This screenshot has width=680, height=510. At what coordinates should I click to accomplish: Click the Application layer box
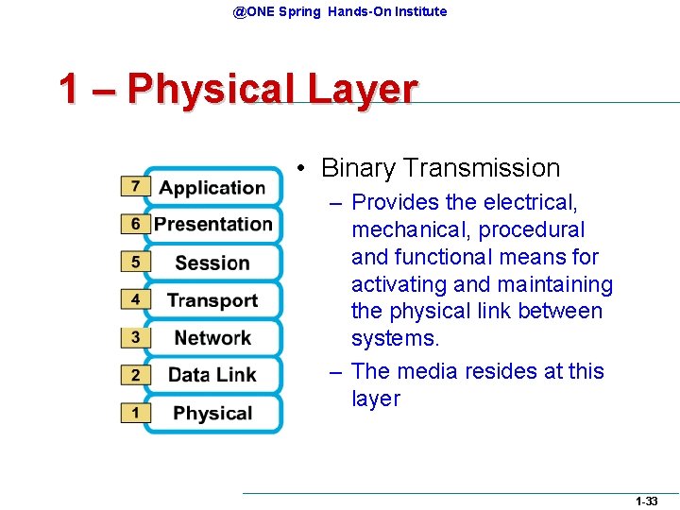tap(212, 187)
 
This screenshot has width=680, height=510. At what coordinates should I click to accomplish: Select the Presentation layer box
tap(212, 224)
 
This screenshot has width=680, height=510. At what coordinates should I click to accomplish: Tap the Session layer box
tap(212, 263)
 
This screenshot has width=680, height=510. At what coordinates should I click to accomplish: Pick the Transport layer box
tap(212, 300)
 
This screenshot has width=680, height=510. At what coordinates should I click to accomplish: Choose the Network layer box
tap(212, 337)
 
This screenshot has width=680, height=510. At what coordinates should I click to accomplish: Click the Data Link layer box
tap(212, 375)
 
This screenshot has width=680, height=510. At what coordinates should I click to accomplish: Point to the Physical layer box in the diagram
tap(212, 413)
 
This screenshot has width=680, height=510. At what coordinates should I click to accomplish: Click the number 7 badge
tap(135, 186)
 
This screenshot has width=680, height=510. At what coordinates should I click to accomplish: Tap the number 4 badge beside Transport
tap(135, 299)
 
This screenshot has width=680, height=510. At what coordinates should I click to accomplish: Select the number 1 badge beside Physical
tap(135, 413)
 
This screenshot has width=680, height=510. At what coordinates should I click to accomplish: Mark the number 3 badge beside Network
tap(135, 337)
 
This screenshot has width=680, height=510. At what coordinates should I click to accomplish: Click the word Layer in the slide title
tap(362, 90)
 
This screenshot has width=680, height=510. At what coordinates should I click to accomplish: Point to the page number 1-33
tap(647, 501)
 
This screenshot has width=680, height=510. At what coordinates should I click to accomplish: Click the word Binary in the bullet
tap(358, 168)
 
